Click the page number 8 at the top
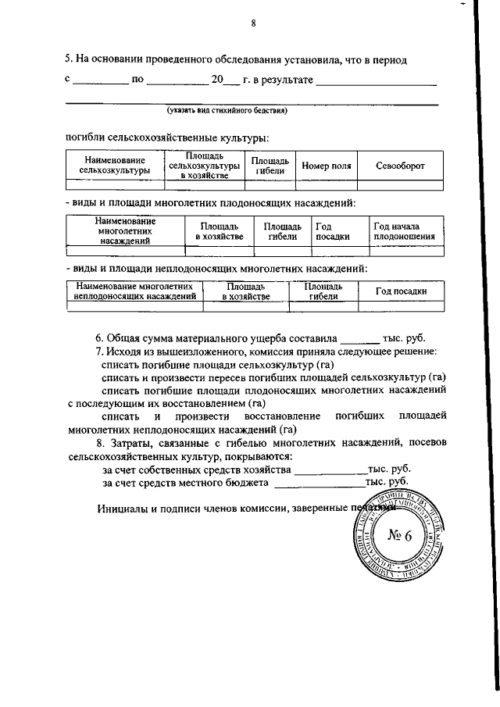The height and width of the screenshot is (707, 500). [x=253, y=23]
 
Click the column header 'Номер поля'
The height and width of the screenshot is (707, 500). [x=326, y=166]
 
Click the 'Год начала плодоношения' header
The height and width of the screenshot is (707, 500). [x=405, y=231]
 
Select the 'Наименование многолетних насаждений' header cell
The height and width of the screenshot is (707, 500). [x=124, y=231]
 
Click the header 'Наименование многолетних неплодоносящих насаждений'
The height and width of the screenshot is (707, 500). [x=134, y=291]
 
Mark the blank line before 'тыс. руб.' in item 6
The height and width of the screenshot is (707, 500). [x=359, y=340]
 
